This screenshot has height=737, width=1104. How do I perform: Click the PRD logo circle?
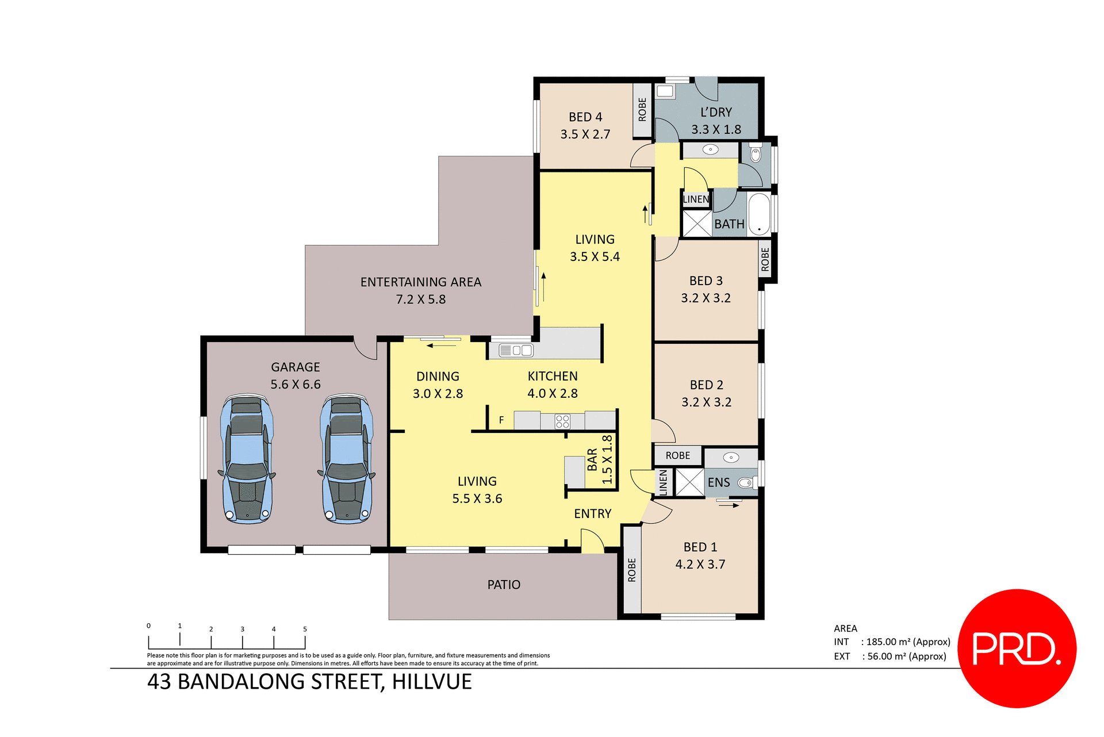pos(1017,648)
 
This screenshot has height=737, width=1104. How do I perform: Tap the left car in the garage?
pos(247,458)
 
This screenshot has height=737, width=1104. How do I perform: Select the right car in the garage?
pos(347,458)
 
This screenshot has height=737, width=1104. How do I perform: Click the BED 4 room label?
pos(585,117)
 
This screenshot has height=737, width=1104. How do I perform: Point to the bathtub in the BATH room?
pos(759,214)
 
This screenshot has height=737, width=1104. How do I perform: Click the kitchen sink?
pos(516,350)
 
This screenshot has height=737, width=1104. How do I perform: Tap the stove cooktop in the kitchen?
pos(562,421)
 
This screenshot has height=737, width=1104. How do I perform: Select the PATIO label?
pos(504,585)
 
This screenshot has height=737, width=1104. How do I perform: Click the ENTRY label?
pos(592,514)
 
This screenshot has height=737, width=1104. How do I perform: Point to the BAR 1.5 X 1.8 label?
pos(600,460)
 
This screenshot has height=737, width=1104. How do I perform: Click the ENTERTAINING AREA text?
pos(421,282)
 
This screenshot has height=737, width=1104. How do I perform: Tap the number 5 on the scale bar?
pos(305,629)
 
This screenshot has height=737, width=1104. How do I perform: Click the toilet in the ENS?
pos(746,483)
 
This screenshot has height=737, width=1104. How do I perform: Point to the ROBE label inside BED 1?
pos(632,570)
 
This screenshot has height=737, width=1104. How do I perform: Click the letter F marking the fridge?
pos(501,420)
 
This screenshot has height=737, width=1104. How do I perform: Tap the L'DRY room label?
pos(716,113)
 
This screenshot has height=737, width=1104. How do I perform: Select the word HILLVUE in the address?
pos(432,682)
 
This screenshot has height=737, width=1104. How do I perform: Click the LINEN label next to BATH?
pos(696,199)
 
